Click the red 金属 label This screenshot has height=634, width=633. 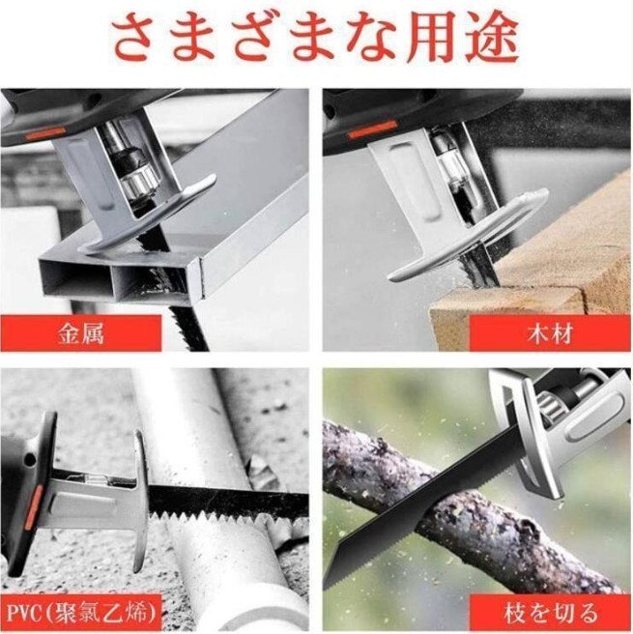81,333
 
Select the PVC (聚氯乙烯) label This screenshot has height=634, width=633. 81,614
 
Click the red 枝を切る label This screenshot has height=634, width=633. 551,613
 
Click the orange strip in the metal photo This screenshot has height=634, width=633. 44,132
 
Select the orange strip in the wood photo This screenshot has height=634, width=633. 372,129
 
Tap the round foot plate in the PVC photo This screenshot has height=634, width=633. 140,502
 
